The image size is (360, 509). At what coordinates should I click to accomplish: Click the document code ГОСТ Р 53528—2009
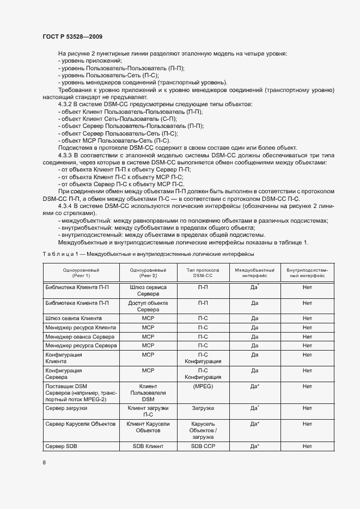click(72, 36)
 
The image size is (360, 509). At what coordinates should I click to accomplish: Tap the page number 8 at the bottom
click(44, 462)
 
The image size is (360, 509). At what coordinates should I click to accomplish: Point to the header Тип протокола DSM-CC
click(203, 272)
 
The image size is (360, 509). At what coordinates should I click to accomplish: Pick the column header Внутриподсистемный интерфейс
click(307, 272)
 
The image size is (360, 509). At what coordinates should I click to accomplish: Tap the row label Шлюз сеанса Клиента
click(74, 318)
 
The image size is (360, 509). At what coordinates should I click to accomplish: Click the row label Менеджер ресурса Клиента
click(80, 327)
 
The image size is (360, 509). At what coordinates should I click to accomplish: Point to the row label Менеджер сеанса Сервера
click(80, 336)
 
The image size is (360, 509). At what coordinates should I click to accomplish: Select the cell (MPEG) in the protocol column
click(203, 386)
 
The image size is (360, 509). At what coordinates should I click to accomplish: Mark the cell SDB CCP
click(203, 446)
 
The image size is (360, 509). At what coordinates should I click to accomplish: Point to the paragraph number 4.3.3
click(65, 155)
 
